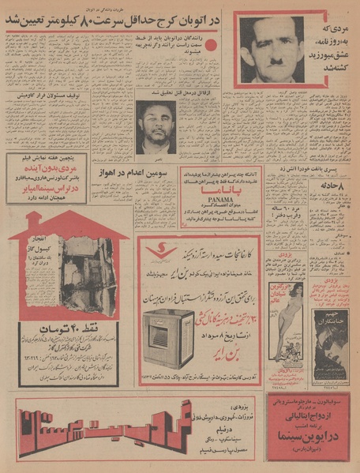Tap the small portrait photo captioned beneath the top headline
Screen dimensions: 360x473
coord(156,126)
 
